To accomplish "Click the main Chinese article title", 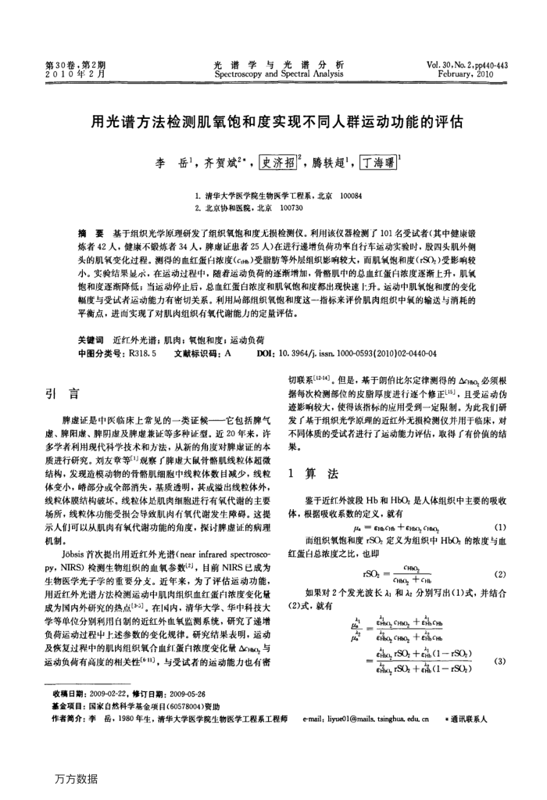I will point(273,123).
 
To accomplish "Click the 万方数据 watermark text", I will point(77,779).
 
